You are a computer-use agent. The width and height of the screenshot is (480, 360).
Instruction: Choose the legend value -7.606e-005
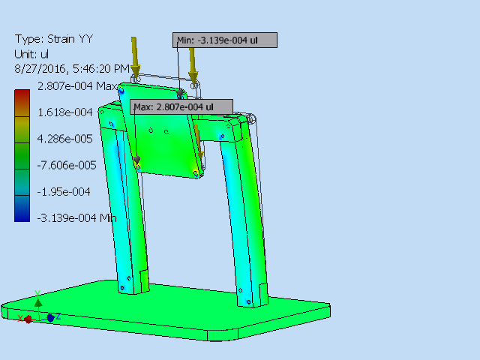coord(66,165)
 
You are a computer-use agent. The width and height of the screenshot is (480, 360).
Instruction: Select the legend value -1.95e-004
coord(64,191)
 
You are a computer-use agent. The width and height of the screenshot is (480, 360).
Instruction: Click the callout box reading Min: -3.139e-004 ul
coord(226,40)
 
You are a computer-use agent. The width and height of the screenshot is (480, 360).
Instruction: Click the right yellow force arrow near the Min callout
coord(193,64)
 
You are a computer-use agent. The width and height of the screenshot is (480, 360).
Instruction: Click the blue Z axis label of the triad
coord(58,316)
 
